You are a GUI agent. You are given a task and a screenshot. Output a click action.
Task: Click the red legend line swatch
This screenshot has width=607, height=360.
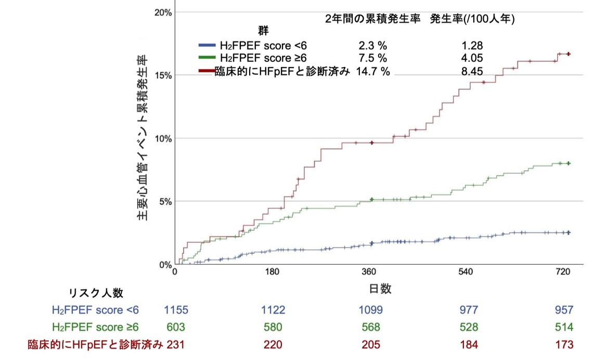207,71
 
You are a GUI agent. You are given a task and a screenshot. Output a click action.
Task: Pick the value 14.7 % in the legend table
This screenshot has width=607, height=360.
372,71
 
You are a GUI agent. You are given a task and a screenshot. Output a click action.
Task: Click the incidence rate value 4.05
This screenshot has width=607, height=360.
472,58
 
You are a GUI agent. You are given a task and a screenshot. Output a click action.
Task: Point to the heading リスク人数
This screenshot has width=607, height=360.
96,293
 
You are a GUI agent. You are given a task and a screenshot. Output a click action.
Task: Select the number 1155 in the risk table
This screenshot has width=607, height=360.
176,310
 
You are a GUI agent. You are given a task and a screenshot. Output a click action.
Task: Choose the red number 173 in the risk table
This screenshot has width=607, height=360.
564,344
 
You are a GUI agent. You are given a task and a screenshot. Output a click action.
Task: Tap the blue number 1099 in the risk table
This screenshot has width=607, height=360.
370,310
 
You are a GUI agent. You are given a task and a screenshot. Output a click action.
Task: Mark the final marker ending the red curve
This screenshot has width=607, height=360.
569,54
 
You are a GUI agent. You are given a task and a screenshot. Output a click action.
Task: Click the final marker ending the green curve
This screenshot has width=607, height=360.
569,163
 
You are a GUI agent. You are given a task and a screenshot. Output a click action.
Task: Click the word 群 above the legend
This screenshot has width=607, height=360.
263,30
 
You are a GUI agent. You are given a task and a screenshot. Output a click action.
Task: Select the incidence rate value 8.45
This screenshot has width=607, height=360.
472,71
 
